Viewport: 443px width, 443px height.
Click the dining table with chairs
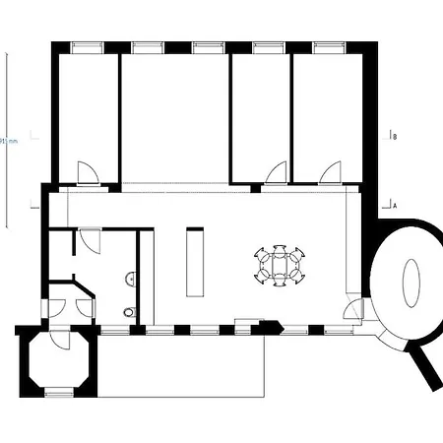click(x=281, y=265)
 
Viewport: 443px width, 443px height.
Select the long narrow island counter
click(x=194, y=263)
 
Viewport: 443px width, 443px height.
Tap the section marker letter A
click(x=394, y=207)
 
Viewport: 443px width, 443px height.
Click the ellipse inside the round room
click(x=411, y=283)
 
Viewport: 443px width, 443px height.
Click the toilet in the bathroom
click(x=130, y=312)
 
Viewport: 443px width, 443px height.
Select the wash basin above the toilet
click(x=129, y=280)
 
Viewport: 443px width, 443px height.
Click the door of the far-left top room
click(x=88, y=173)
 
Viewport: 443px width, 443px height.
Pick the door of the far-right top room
click(x=331, y=172)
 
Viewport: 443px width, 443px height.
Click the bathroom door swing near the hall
click(x=90, y=240)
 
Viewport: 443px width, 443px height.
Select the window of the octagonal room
click(x=59, y=392)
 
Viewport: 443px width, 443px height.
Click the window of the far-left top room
click(x=86, y=47)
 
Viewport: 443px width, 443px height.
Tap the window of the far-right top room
click(x=328, y=47)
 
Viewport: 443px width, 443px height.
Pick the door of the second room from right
click(x=275, y=172)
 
